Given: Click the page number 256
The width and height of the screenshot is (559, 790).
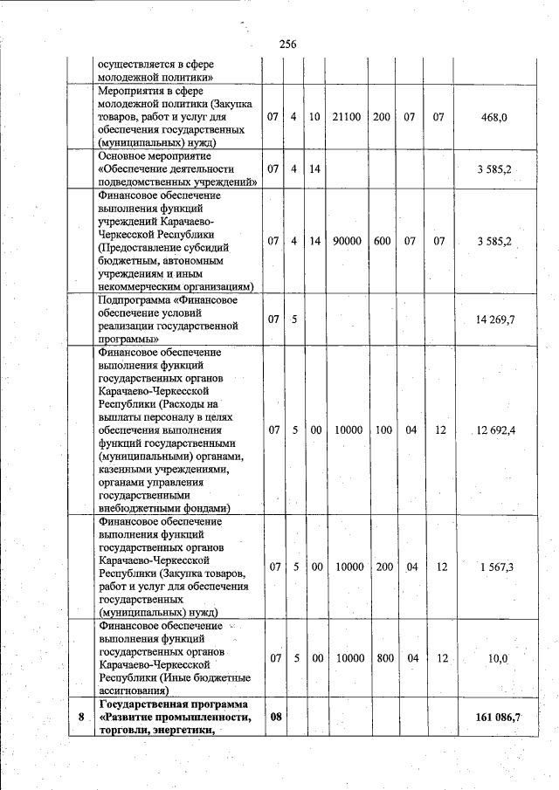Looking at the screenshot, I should [288, 45].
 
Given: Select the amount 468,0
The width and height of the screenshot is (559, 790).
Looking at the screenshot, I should [495, 116].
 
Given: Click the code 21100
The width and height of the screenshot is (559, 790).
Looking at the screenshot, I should [348, 116].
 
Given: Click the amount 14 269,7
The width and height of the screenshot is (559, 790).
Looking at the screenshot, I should [495, 319].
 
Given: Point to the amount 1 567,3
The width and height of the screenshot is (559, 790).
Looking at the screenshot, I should [496, 567].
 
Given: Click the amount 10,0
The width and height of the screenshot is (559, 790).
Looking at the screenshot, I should [498, 658].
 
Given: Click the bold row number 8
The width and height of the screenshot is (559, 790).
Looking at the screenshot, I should [81, 718].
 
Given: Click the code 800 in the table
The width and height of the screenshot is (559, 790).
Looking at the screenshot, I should [384, 658].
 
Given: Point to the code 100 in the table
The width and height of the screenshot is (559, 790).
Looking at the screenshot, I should [382, 429].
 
